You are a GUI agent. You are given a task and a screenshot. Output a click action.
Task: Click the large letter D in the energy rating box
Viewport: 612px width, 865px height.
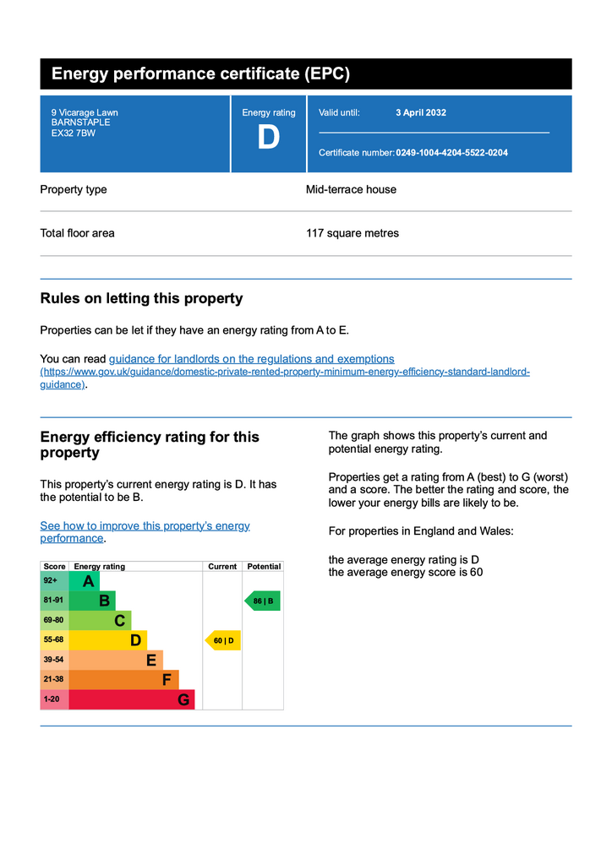[x=268, y=138]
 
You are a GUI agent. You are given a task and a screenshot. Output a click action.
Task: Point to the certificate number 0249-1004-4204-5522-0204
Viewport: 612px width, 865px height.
[x=451, y=153]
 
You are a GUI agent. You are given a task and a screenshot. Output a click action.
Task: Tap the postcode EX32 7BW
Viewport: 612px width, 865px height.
[x=74, y=133]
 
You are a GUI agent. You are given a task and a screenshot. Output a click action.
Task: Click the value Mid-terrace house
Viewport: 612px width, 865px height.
[x=351, y=189]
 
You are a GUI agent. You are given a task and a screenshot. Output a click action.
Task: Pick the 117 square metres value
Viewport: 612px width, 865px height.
[x=352, y=233]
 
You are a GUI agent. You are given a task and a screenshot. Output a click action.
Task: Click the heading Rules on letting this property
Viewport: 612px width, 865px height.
[x=141, y=298]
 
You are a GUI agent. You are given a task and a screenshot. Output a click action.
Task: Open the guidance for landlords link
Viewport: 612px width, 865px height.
[x=251, y=359]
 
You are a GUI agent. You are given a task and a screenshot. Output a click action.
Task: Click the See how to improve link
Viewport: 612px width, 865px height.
[x=145, y=526]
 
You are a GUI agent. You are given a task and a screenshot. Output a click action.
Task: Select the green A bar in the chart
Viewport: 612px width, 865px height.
[x=84, y=581]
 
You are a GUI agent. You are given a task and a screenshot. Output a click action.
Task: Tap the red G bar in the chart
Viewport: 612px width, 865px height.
[x=131, y=699]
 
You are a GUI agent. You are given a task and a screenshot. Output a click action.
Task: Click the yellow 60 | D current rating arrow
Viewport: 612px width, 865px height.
[x=223, y=641]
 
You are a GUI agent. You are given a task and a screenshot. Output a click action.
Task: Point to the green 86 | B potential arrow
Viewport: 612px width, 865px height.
[x=262, y=601]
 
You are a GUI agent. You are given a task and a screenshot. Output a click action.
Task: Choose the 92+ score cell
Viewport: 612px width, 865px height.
[x=53, y=581]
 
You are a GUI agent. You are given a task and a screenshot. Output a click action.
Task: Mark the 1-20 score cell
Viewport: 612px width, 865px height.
[x=53, y=699]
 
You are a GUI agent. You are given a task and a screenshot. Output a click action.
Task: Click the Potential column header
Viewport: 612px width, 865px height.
[x=264, y=567]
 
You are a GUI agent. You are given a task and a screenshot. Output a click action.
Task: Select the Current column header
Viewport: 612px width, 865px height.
[x=222, y=567]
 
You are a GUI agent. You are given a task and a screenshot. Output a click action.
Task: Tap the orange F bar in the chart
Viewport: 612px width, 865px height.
[x=123, y=679]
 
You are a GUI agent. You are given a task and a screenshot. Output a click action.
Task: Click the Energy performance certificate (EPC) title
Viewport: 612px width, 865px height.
[x=200, y=73]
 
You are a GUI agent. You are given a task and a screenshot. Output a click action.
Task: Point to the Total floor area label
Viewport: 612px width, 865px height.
[x=77, y=233]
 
